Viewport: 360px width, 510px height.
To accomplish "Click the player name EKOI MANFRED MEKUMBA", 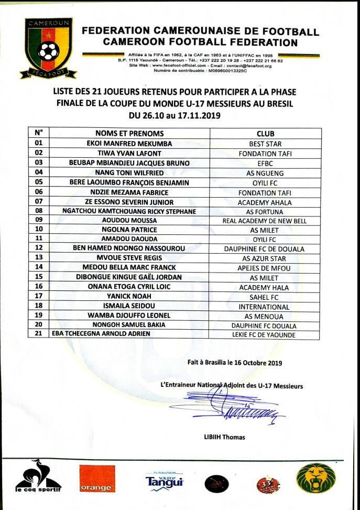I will tap(129, 144).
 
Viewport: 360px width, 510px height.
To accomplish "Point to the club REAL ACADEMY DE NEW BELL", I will tap(265, 221).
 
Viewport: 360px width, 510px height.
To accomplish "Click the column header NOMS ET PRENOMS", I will tap(129, 133).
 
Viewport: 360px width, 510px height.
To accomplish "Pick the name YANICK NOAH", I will tap(129, 297).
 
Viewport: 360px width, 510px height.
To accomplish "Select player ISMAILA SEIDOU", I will tap(129, 306).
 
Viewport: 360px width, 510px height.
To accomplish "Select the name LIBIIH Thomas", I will tap(224, 437).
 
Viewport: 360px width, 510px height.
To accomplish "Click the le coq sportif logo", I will tap(38, 478).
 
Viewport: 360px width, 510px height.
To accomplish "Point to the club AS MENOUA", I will tap(265, 316).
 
